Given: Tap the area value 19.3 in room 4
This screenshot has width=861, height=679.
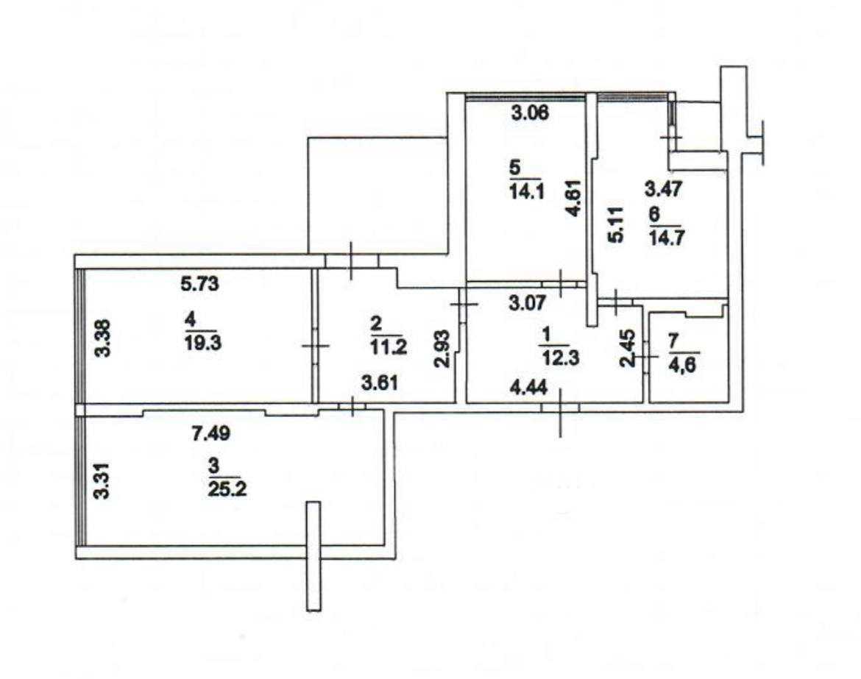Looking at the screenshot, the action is pyautogui.click(x=204, y=343).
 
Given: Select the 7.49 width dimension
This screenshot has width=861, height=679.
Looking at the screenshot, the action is pyautogui.click(x=211, y=433).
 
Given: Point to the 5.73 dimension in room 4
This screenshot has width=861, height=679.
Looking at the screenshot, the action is pyautogui.click(x=200, y=284).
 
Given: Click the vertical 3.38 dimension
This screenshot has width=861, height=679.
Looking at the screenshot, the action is pyautogui.click(x=103, y=338).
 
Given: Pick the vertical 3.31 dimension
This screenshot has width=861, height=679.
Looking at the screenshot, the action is pyautogui.click(x=102, y=481).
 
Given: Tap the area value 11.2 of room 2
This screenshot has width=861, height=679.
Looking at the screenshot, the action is pyautogui.click(x=389, y=346).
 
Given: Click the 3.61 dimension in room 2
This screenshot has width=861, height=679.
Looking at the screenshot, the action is pyautogui.click(x=380, y=383).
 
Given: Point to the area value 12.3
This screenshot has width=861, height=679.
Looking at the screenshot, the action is pyautogui.click(x=559, y=358).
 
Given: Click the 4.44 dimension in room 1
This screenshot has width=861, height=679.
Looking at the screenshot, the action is pyautogui.click(x=528, y=388).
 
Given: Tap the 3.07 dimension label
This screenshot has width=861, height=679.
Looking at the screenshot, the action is pyautogui.click(x=527, y=303).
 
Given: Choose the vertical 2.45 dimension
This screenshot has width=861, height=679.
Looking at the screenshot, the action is pyautogui.click(x=628, y=348).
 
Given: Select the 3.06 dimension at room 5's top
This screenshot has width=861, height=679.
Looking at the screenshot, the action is pyautogui.click(x=529, y=113).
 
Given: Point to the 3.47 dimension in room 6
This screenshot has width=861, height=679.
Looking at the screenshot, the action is pyautogui.click(x=663, y=189).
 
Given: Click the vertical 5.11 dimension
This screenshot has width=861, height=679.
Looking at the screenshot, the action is pyautogui.click(x=616, y=224).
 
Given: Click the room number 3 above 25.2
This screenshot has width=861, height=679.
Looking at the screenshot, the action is pyautogui.click(x=214, y=466).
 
